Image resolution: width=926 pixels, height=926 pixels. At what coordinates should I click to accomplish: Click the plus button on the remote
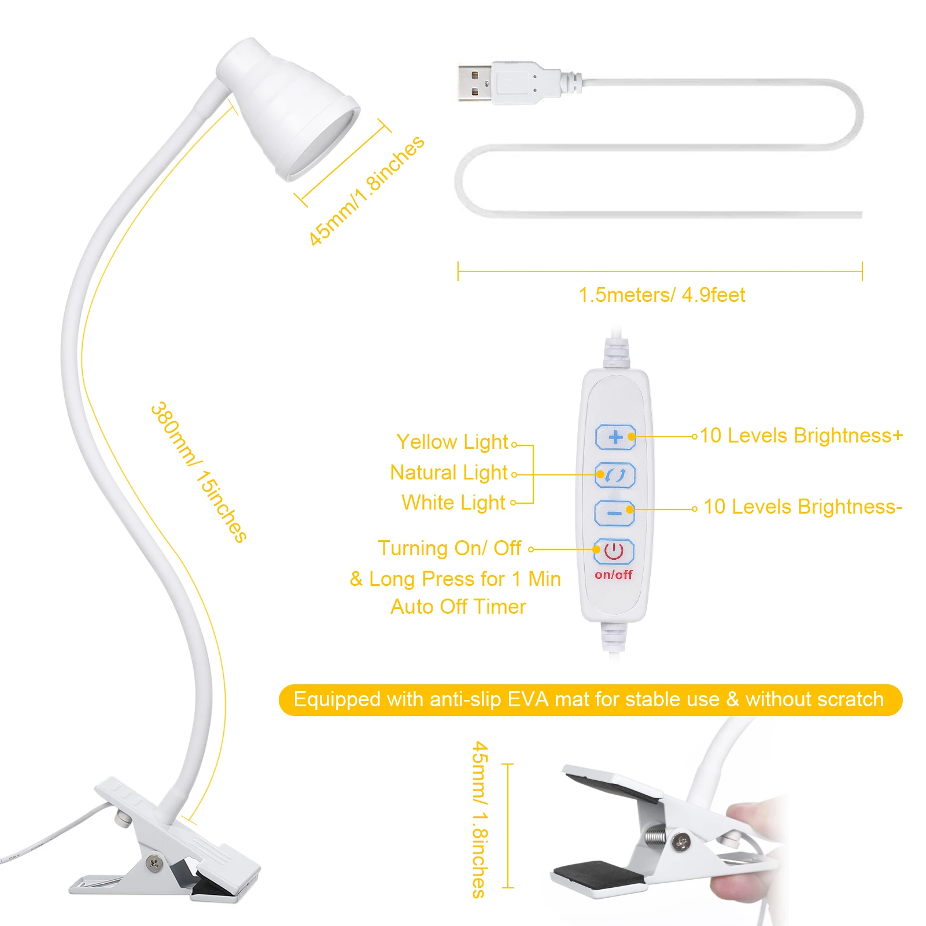[615, 437]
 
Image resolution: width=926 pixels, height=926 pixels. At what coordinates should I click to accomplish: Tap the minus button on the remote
[614, 512]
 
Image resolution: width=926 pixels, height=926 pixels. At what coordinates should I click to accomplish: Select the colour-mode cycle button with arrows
[615, 475]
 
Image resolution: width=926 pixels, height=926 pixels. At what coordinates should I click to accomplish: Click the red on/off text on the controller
[613, 574]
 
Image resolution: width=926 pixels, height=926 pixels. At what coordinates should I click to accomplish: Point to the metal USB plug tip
[474, 84]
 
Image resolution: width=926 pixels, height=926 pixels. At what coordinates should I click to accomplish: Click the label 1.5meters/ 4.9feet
[662, 295]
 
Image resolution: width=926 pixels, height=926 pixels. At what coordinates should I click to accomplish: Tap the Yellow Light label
[452, 442]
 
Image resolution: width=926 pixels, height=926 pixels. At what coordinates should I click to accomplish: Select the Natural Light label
[449, 473]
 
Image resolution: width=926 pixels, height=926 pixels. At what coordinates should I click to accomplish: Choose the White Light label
[453, 503]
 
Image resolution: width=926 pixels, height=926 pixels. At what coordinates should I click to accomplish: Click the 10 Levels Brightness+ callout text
[801, 436]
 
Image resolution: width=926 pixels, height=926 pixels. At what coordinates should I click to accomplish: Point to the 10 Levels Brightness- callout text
[803, 507]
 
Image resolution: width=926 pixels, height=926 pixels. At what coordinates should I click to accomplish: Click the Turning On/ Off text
[449, 548]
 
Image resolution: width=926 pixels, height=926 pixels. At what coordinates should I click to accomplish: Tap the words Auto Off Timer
[458, 607]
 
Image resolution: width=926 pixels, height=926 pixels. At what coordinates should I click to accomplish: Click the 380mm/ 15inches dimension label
[198, 472]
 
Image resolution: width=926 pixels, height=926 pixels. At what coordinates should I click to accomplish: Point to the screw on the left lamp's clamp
[154, 863]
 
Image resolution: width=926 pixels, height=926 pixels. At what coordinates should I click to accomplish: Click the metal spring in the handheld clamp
[655, 836]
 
